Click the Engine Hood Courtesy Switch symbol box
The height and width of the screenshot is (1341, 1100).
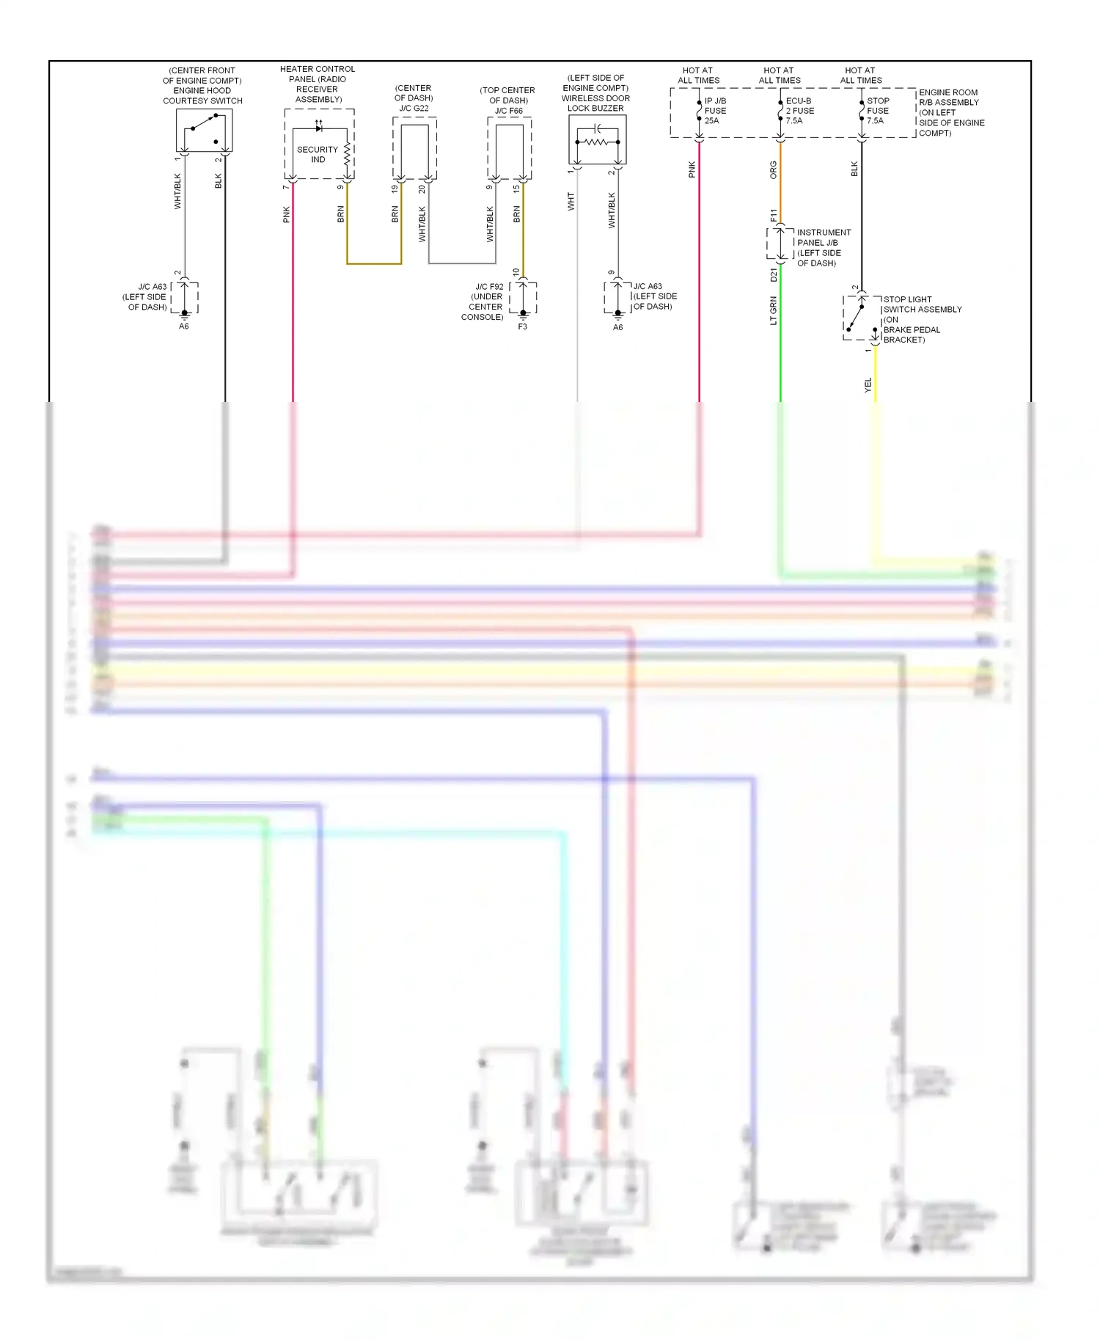[204, 131]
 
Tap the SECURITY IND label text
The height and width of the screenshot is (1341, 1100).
[317, 154]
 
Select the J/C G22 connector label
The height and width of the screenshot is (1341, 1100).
[414, 108]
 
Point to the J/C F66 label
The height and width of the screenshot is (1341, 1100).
[508, 111]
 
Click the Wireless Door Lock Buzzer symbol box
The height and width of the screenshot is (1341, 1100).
[597, 139]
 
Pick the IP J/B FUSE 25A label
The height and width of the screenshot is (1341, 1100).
[715, 111]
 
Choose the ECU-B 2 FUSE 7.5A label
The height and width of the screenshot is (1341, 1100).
[799, 111]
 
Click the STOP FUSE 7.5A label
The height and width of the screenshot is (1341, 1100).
[878, 111]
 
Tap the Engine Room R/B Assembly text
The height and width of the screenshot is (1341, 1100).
[951, 112]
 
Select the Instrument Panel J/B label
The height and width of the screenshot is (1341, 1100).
[824, 247]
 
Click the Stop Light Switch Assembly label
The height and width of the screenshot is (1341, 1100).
[922, 319]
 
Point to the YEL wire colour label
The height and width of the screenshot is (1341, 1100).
[868, 385]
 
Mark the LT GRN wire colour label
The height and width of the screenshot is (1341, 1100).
[774, 310]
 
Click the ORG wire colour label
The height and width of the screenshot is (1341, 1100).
[774, 170]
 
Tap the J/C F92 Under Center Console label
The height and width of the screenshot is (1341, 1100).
[483, 302]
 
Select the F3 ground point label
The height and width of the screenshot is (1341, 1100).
[522, 326]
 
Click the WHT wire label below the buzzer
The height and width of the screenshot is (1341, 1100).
[571, 202]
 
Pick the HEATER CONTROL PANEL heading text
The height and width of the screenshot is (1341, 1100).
[318, 84]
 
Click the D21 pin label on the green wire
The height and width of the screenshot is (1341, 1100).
[774, 275]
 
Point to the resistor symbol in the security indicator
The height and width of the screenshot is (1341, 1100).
[348, 154]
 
